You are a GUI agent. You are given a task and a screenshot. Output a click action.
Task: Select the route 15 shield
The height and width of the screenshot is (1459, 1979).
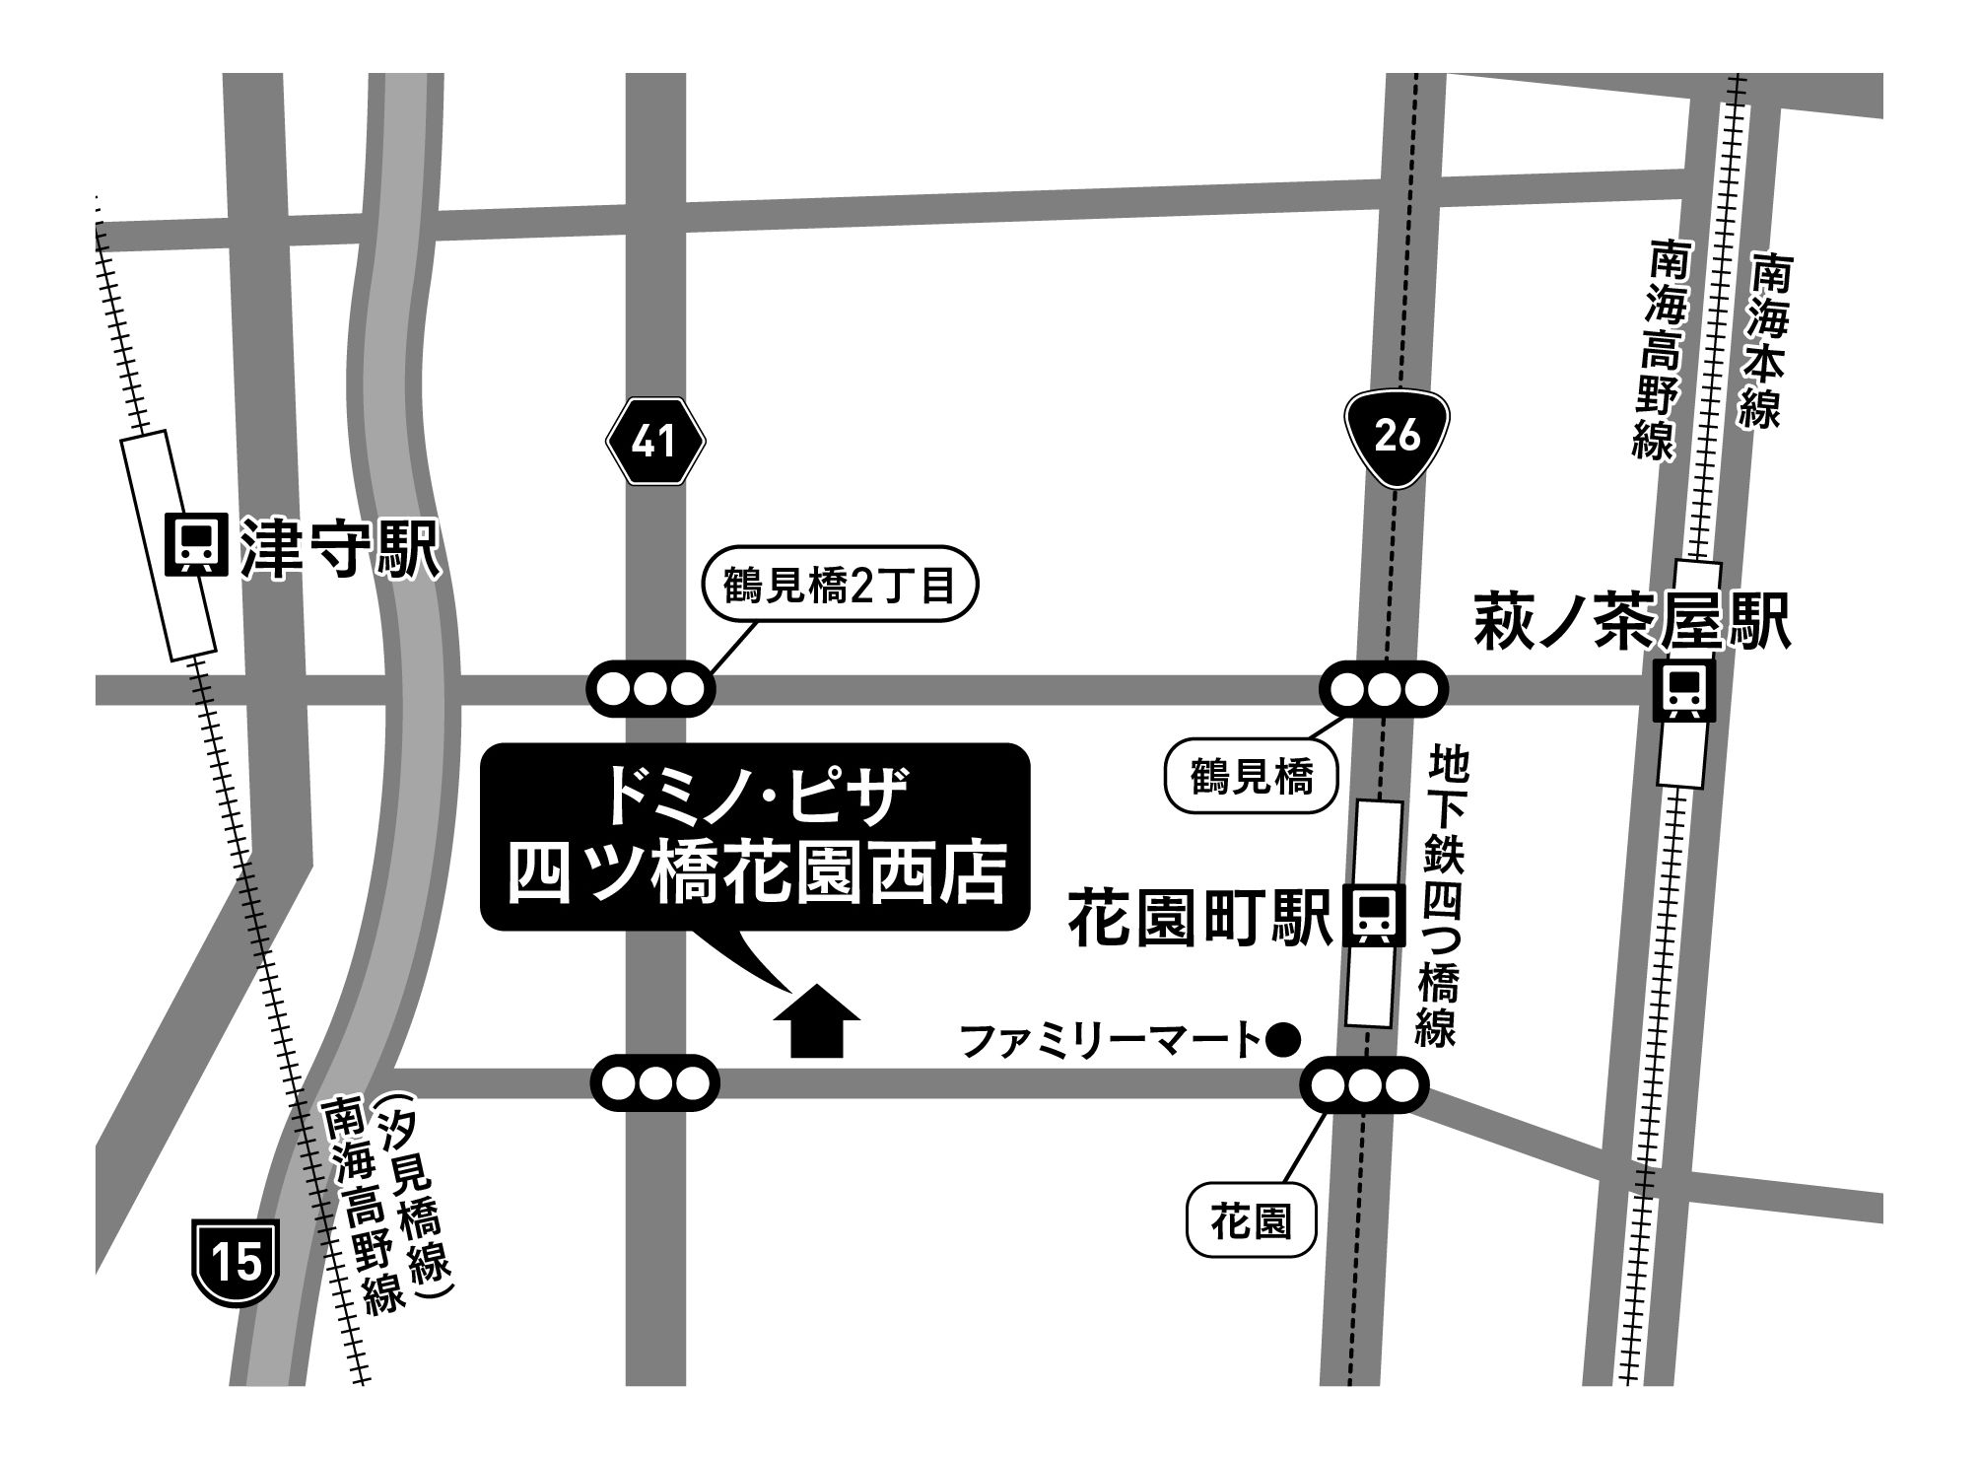pyautogui.click(x=237, y=1263)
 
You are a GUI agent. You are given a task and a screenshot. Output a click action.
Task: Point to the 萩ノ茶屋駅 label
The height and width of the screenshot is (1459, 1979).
pyautogui.click(x=1631, y=622)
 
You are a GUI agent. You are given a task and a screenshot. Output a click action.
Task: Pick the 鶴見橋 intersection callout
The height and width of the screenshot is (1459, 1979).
pyautogui.click(x=1251, y=778)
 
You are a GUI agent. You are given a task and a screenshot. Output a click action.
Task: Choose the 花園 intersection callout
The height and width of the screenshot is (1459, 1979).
pyautogui.click(x=1251, y=1223)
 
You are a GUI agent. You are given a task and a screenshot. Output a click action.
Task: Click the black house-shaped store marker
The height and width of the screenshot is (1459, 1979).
pyautogui.click(x=817, y=1022)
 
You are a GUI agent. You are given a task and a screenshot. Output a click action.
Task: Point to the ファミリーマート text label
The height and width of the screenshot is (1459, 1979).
pyautogui.click(x=1109, y=1039)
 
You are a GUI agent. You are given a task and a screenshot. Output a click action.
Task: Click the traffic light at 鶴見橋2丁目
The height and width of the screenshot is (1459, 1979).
pyautogui.click(x=650, y=688)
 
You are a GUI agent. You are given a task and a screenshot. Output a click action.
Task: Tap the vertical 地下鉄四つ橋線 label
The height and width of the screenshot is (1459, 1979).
pyautogui.click(x=1442, y=897)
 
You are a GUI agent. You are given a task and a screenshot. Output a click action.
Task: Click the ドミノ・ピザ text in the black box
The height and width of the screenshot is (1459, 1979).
pyautogui.click(x=754, y=801)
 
